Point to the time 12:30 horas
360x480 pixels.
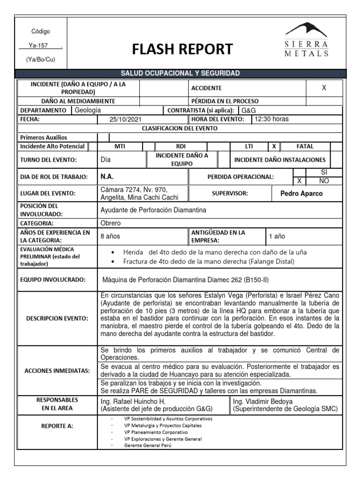272,119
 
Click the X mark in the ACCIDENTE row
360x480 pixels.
324,88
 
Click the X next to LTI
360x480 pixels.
274,146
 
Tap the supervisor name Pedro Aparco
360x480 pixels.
301,194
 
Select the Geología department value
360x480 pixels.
88,110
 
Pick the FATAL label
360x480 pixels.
305,146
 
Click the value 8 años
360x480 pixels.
111,237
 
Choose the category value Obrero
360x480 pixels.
111,223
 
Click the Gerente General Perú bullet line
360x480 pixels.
148,445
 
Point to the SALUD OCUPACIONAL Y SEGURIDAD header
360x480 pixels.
180,74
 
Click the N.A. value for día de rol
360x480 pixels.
107,177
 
